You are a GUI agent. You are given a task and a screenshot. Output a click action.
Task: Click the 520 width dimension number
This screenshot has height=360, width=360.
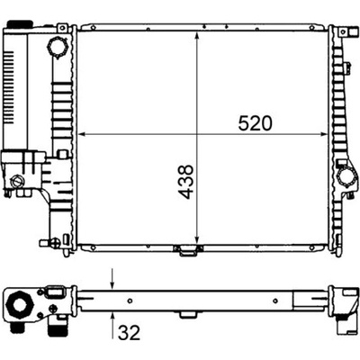click(x=255, y=123)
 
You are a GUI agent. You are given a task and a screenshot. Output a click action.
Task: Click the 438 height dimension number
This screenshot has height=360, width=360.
click(x=185, y=182)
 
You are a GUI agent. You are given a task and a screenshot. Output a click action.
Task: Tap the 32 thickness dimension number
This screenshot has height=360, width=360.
click(x=130, y=333)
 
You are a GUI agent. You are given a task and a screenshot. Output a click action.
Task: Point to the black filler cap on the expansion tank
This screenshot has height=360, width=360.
click(x=20, y=23)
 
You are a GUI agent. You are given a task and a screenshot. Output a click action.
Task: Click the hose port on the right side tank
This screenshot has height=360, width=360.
click(x=346, y=177)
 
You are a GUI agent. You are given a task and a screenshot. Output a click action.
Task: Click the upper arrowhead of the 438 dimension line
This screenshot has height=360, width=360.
click(x=197, y=36)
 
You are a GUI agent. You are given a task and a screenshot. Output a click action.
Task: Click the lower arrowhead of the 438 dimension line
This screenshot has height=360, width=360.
click(x=197, y=240)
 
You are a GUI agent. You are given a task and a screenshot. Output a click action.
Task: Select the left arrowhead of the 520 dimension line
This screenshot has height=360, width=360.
click(x=82, y=134)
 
